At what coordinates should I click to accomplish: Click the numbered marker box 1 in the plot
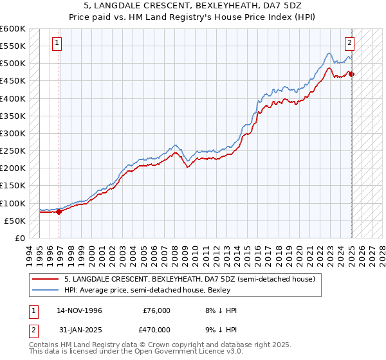pyautogui.click(x=57, y=43)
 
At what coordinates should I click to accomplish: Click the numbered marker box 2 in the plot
pyautogui.click(x=349, y=43)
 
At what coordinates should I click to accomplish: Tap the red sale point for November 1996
pyautogui.click(x=59, y=211)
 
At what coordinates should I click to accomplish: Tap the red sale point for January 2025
pyautogui.click(x=352, y=74)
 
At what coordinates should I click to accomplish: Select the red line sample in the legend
pyautogui.click(x=45, y=279)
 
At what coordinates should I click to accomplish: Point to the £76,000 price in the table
pyautogui.click(x=156, y=310)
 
